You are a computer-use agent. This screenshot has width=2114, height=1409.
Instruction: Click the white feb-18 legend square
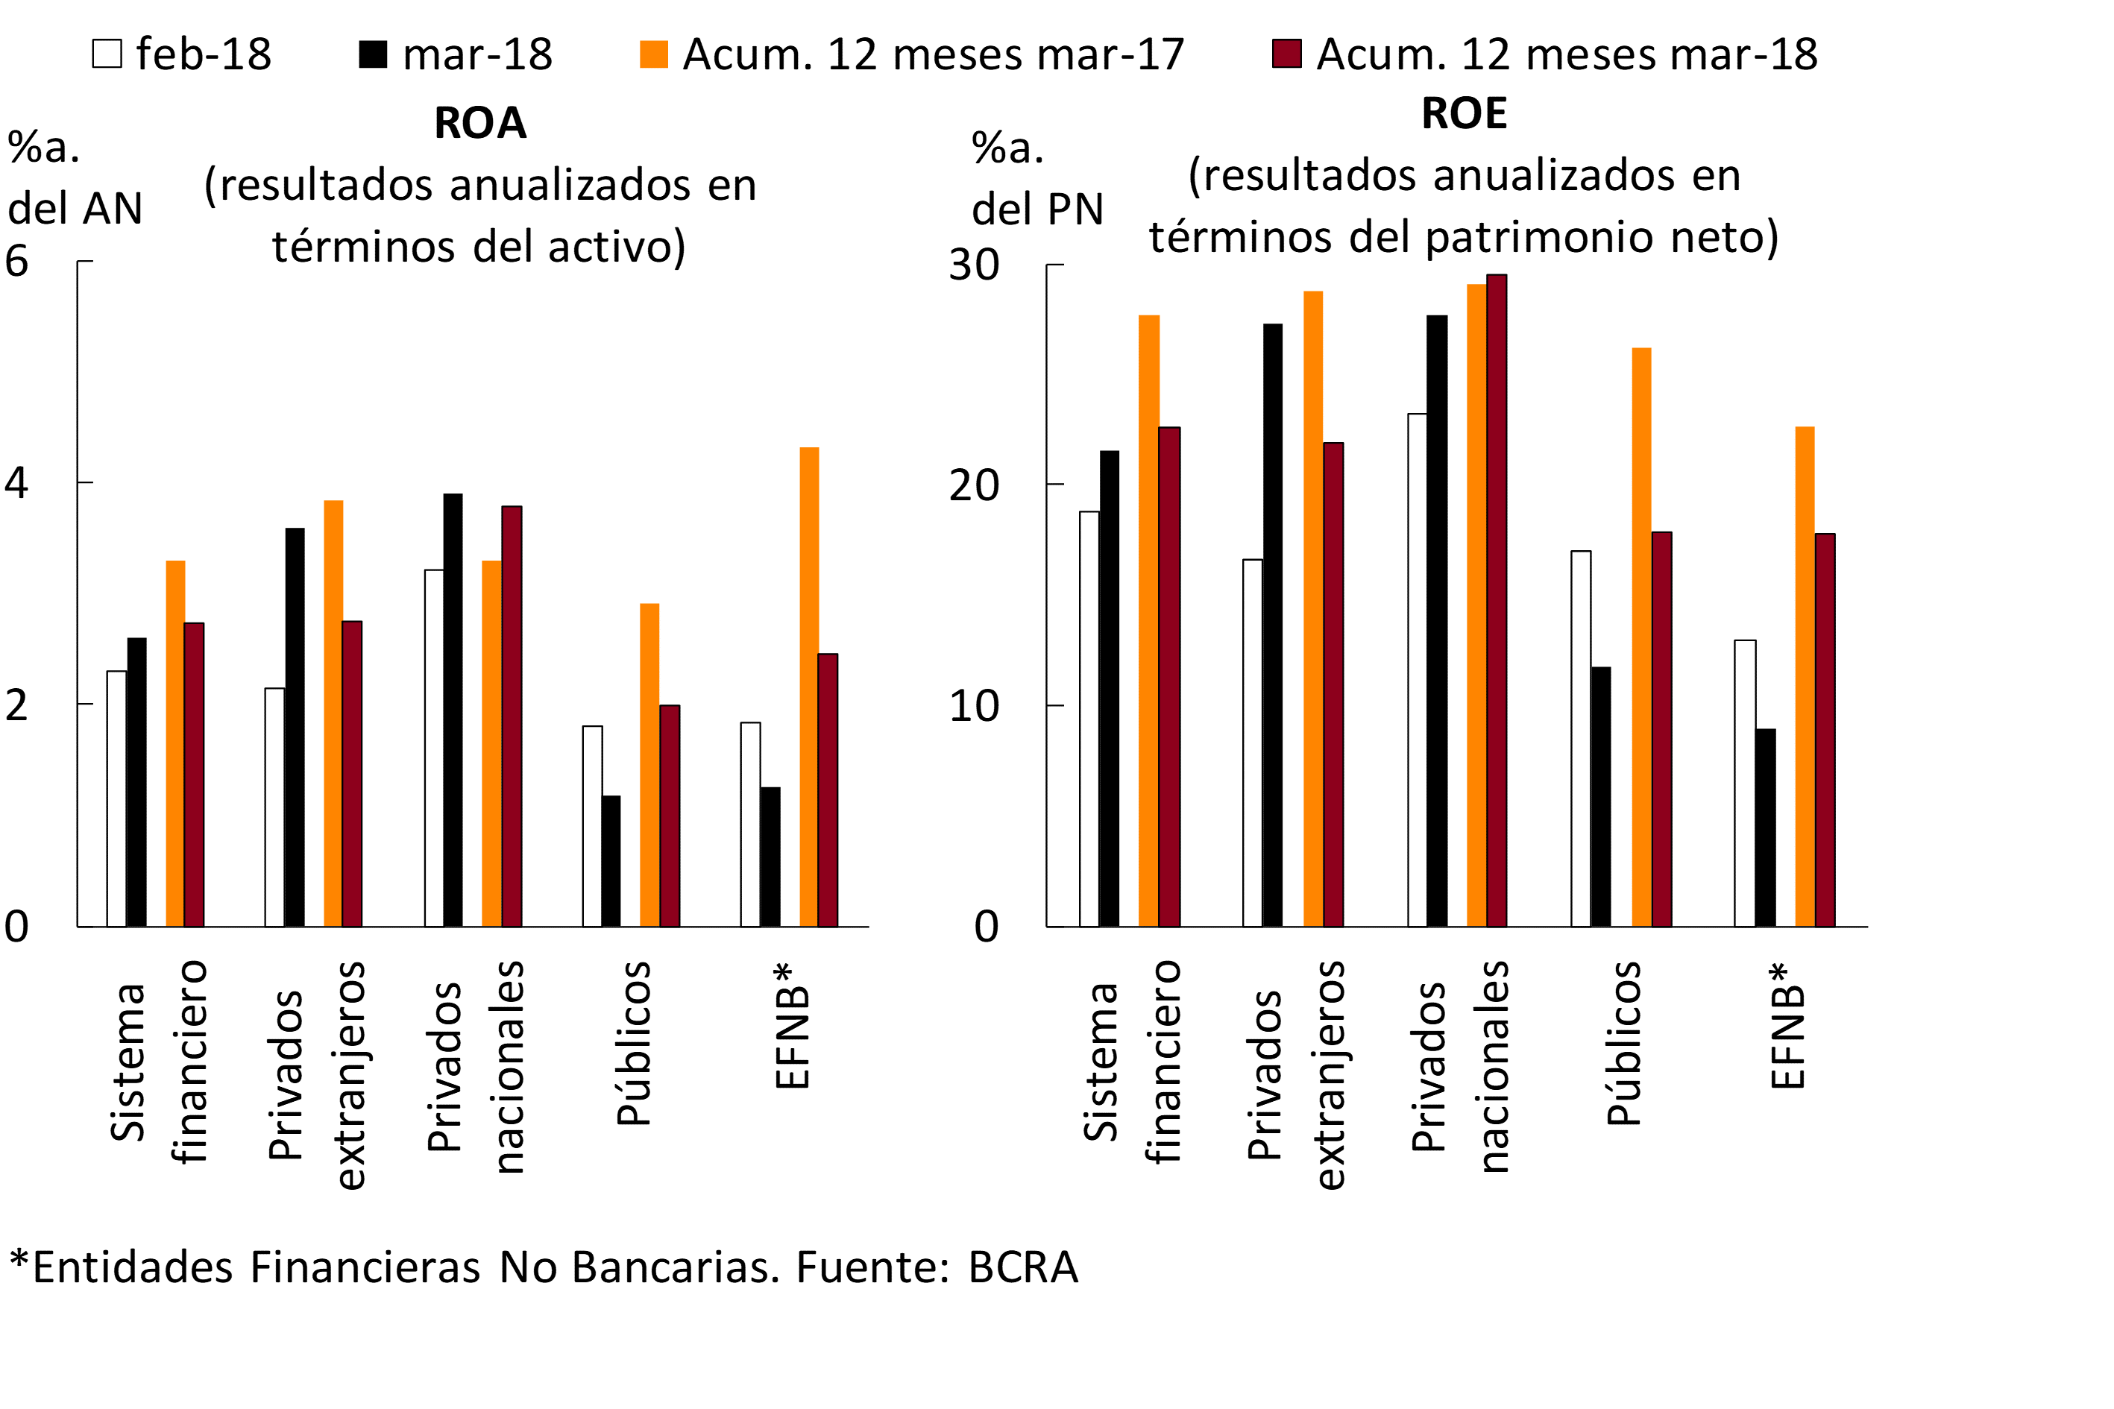coord(107,54)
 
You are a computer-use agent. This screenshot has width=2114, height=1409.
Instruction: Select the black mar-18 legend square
coord(373,54)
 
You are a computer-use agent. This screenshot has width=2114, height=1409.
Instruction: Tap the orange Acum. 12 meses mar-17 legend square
coord(653,54)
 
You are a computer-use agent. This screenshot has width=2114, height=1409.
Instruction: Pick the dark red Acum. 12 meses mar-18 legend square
coord(1286,54)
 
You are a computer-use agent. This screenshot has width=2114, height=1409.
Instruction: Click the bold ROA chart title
coord(480,123)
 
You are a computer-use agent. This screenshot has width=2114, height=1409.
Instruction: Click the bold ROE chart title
coord(1463,114)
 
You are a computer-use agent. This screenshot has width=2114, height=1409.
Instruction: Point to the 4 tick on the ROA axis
coord(17,483)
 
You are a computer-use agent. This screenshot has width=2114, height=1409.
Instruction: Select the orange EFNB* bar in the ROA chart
coord(809,687)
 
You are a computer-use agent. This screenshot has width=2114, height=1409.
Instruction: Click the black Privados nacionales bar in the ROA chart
coord(453,710)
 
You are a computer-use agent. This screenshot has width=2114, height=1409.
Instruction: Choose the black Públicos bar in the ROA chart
coord(611,861)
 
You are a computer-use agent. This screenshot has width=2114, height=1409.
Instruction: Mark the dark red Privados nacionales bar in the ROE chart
coord(1497,600)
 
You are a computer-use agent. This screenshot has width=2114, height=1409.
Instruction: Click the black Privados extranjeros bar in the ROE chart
coord(1273,625)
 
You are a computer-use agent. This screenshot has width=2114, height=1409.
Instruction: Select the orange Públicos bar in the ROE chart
coord(1641,637)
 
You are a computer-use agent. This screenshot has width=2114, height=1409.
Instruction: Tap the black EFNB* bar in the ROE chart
coord(1765,828)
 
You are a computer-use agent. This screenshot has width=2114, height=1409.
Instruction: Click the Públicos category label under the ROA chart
coord(634,1043)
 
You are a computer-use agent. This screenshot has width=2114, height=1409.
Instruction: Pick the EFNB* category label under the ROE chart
coord(1787,1027)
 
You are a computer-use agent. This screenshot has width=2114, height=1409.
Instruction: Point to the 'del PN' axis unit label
coord(1037,209)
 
